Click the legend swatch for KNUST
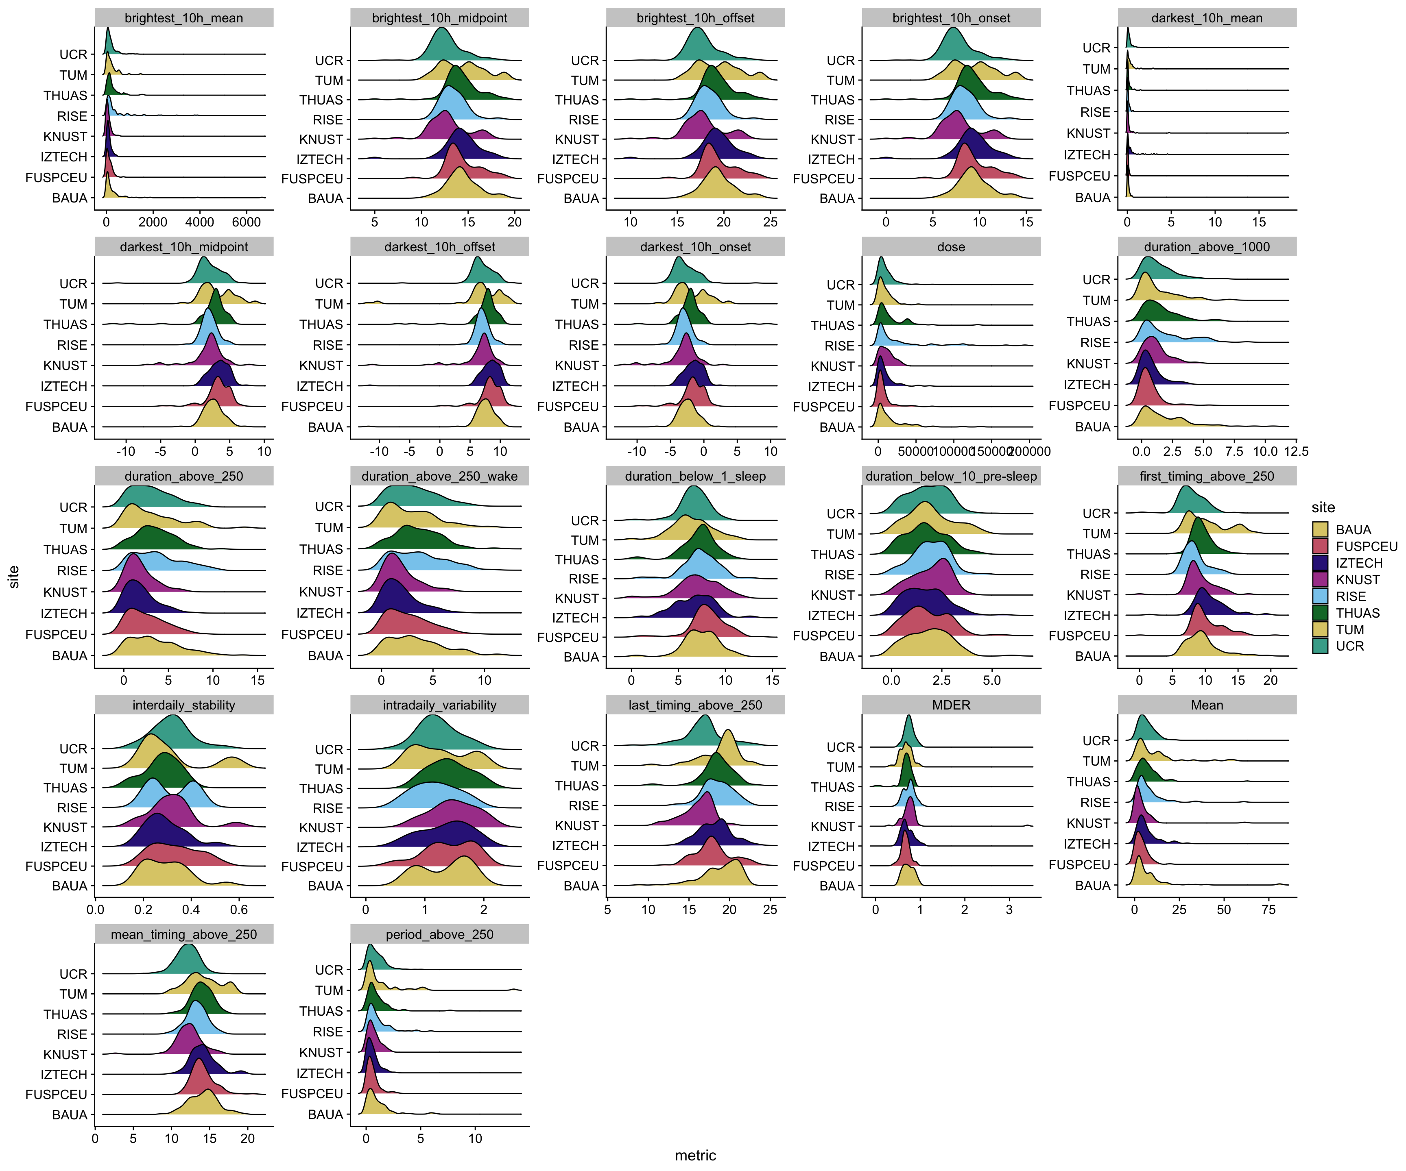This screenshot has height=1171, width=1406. (x=1320, y=579)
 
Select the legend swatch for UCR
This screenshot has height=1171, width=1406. (x=1320, y=646)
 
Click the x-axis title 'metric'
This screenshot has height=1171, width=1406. (x=695, y=1155)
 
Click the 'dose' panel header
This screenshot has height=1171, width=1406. (x=951, y=247)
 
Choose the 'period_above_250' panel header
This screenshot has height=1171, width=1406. (x=439, y=934)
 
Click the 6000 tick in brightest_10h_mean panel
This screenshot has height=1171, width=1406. (x=247, y=222)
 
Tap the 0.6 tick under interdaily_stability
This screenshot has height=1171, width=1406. (x=239, y=910)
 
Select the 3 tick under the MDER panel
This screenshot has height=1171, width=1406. (x=1009, y=910)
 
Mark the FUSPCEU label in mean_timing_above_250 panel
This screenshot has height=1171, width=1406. (x=56, y=1094)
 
